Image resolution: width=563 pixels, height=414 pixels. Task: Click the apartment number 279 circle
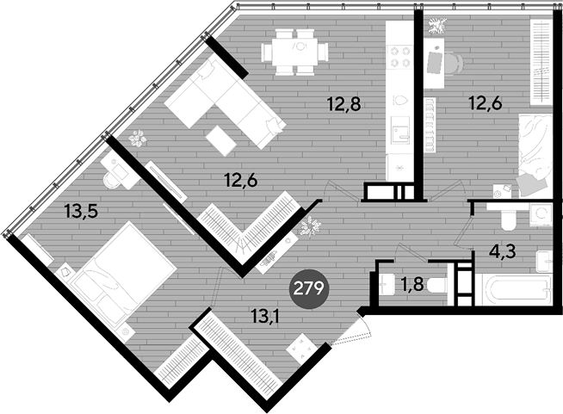point(309,288)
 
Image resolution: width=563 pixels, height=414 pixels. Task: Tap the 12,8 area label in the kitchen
point(343,104)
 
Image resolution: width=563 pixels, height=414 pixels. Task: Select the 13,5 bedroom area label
point(82,211)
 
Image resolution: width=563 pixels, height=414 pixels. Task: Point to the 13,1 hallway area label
point(266,317)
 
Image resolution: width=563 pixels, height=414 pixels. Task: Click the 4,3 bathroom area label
point(503,251)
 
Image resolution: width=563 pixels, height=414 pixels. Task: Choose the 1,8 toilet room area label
point(412,285)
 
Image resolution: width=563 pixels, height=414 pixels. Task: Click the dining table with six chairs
point(294,53)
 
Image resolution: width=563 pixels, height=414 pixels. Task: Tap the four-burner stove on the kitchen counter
point(400,56)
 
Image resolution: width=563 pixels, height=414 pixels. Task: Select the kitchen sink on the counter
point(400,130)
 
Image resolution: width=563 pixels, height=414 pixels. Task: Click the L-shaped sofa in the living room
point(226,103)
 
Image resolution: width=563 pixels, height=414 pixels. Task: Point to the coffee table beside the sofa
point(221,140)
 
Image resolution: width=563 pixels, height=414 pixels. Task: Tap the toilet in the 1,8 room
point(436,286)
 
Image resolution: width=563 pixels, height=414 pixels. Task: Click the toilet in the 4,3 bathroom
point(509,219)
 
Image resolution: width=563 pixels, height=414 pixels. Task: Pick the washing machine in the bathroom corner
point(541,214)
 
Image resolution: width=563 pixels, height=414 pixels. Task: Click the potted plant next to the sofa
point(138,139)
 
